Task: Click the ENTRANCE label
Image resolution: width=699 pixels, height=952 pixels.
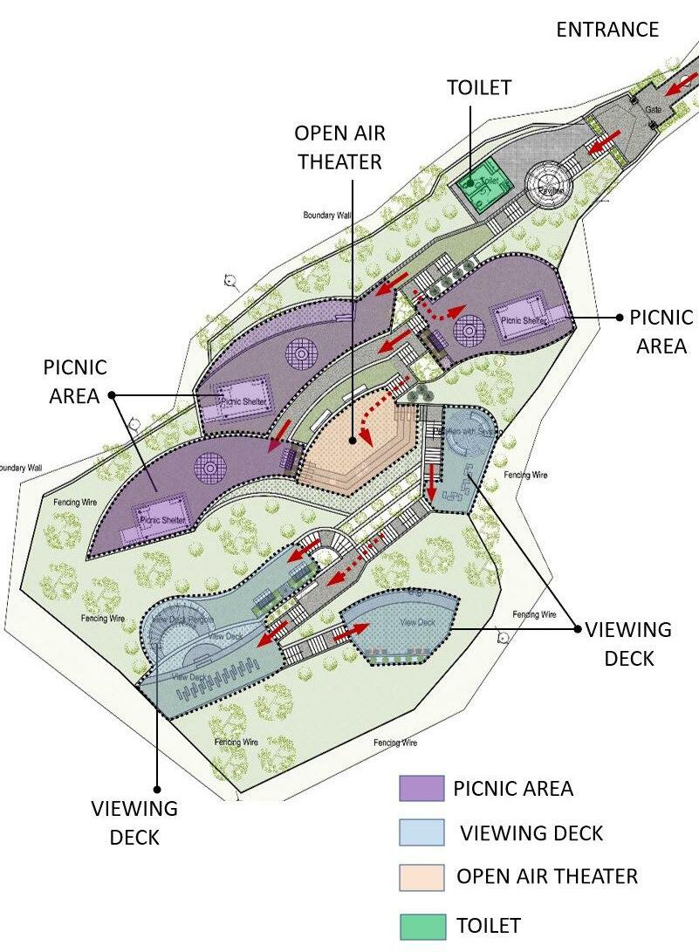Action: pos(607,30)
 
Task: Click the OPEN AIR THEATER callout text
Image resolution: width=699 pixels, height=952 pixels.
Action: pos(339,147)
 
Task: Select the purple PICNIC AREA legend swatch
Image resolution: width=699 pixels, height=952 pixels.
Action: pos(421,788)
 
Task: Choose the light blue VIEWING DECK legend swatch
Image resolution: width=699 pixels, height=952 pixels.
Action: pos(421,832)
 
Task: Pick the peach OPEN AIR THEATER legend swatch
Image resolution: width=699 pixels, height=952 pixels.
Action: pos(421,877)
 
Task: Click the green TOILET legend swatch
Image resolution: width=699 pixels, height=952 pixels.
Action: pos(421,925)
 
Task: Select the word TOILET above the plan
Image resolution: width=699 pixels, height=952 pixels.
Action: pos(478,88)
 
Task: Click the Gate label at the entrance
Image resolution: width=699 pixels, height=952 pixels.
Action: pos(653,111)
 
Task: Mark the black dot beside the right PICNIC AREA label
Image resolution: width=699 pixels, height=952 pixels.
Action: pos(619,318)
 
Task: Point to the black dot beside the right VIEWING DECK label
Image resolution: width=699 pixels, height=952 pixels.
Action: pos(576,627)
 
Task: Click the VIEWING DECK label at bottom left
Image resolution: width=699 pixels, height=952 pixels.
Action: pos(134,823)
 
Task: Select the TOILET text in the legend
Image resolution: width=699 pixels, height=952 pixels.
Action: pos(488,925)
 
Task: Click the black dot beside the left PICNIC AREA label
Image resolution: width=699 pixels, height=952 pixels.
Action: pos(112,395)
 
